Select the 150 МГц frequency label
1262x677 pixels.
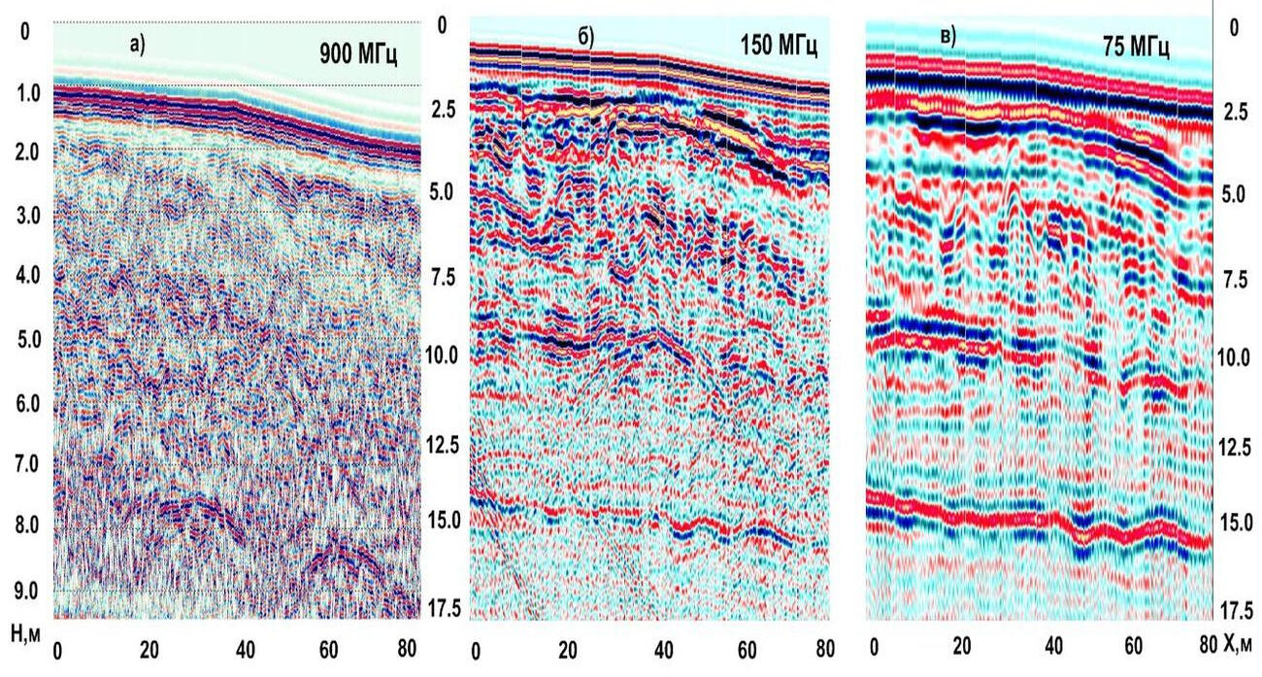pyautogui.click(x=781, y=45)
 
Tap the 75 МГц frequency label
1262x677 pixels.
pyautogui.click(x=1136, y=46)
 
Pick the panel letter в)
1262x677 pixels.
pyautogui.click(x=947, y=37)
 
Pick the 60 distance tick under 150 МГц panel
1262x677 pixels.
pyautogui.click(x=746, y=648)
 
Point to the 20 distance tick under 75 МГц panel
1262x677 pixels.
pyautogui.click(x=961, y=647)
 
